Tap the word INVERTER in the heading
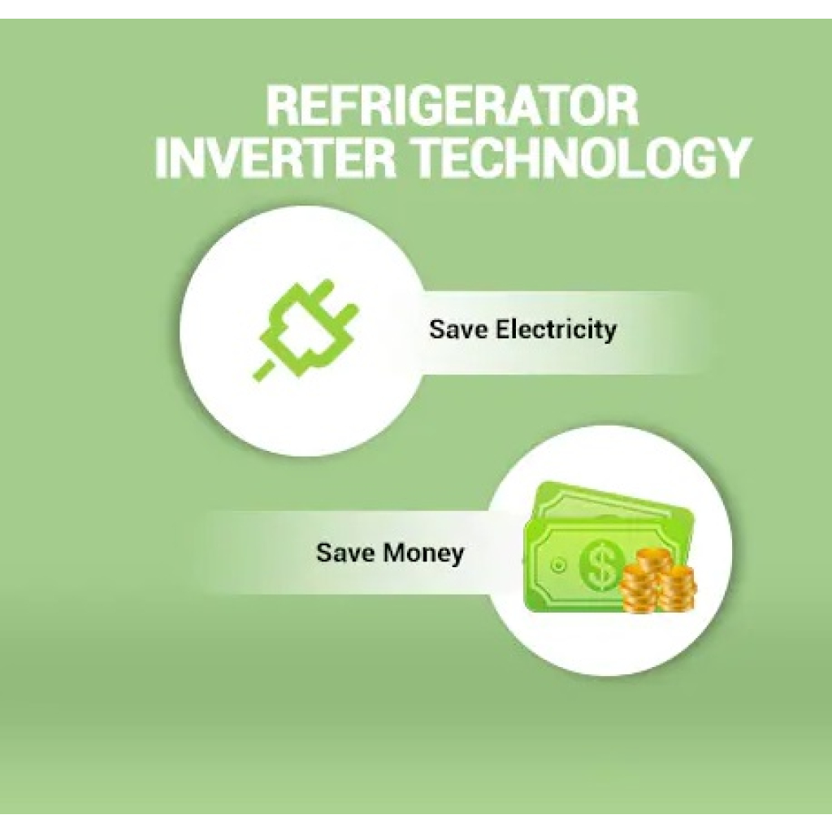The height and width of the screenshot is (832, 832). coord(275,158)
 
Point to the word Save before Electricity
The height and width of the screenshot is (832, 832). coord(458,329)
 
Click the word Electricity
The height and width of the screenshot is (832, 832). coord(556,330)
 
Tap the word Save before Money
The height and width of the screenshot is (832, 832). coord(346,552)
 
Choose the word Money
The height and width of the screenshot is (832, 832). coord(423,554)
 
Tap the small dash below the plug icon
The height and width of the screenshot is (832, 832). coord(264,370)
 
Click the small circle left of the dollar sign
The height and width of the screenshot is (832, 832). coord(558,565)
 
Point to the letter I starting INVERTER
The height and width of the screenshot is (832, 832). coord(162,158)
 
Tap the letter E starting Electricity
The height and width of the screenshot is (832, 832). coord(502,329)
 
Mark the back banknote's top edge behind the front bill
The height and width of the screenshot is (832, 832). coord(617,496)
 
